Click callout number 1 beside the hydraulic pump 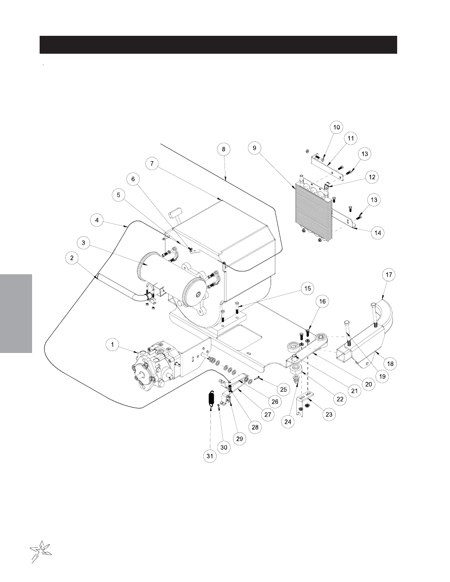tap(113, 344)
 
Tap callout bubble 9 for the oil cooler tap(254, 148)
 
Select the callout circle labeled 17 tap(389, 275)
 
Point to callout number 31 tap(210, 456)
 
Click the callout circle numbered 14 tap(378, 233)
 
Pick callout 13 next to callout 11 tap(365, 154)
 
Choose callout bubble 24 tap(288, 422)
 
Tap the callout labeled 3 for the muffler tap(83, 243)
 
